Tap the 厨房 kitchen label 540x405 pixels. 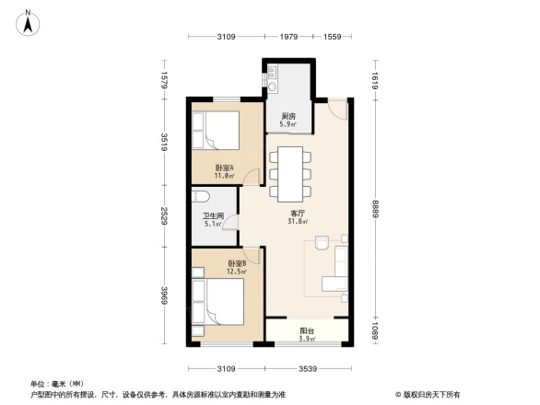pos(288,117)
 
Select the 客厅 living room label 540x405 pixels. pos(296,212)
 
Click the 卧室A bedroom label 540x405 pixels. pos(224,168)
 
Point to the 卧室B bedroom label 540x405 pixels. pos(237,264)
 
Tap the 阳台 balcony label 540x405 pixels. pos(307,331)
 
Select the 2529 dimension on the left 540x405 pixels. pos(163,219)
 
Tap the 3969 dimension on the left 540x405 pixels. pos(163,299)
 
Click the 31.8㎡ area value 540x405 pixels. pos(296,222)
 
